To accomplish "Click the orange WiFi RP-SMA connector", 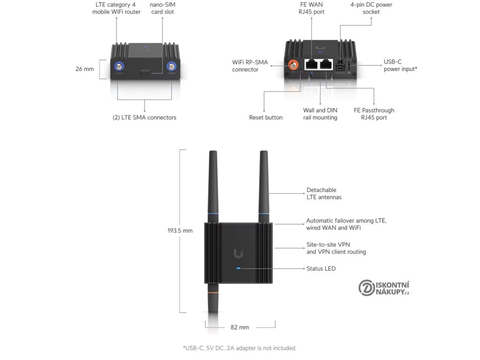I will (294, 64).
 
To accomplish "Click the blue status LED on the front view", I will (239, 269).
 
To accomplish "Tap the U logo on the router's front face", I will (239, 254).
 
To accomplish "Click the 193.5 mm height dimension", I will (180, 231).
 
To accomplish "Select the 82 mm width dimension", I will (240, 327).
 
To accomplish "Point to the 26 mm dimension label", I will (85, 69).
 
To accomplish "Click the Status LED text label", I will (321, 269).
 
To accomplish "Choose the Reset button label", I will (266, 117).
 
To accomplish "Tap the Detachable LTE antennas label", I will (324, 194).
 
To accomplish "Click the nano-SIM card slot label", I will (162, 8).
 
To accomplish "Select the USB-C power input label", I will (400, 66).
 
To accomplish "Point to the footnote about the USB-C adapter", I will (240, 348).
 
